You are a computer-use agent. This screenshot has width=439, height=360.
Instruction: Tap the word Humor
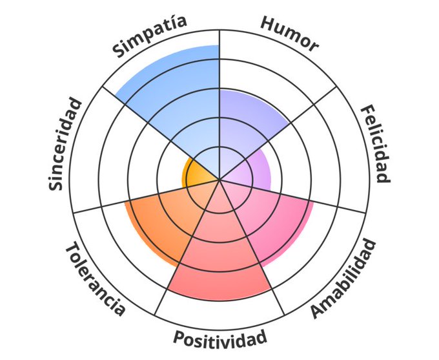coord(289,33)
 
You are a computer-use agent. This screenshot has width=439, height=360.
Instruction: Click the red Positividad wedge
coord(219,259)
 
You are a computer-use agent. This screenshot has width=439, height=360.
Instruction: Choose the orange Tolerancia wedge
coord(161,220)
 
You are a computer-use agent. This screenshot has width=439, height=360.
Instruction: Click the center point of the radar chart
coord(220,180)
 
